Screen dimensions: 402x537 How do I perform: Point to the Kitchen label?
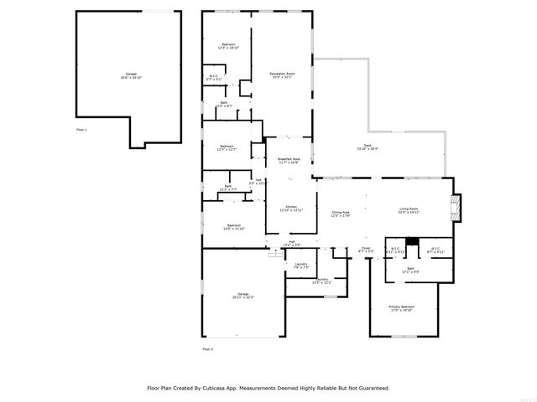point(290,209)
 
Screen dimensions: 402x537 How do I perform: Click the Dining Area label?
point(340,214)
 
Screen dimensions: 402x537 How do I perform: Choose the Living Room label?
point(409,210)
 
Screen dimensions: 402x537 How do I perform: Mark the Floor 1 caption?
point(81,130)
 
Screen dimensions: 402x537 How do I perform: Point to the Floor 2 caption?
point(207,348)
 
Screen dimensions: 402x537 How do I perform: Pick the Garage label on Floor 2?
point(243,295)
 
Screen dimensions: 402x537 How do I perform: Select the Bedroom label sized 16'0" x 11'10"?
point(234,226)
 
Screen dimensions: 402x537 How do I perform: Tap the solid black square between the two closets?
point(411,242)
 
